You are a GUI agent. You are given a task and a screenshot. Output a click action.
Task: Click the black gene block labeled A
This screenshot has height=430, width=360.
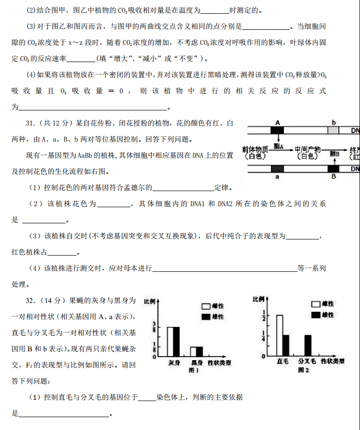277,130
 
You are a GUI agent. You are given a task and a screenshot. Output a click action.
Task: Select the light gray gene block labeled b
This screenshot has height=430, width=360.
333,130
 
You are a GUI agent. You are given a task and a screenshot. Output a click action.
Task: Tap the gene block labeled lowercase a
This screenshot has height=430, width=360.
277,169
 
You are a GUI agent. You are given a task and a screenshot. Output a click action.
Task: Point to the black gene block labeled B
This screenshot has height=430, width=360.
334,169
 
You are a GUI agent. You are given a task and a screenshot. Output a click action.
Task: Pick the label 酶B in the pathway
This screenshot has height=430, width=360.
335,153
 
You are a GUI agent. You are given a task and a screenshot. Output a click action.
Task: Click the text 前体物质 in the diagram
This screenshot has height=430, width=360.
255,149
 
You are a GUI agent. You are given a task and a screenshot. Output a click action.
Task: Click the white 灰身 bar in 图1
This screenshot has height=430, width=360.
170,341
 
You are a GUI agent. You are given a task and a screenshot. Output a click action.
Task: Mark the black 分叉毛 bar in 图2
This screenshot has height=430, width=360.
308,345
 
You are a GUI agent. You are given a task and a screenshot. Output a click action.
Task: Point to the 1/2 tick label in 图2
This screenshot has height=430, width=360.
264,315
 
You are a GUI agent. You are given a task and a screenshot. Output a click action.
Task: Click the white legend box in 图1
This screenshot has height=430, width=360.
206,306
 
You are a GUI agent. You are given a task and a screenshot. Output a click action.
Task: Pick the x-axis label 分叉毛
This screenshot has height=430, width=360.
307,362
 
